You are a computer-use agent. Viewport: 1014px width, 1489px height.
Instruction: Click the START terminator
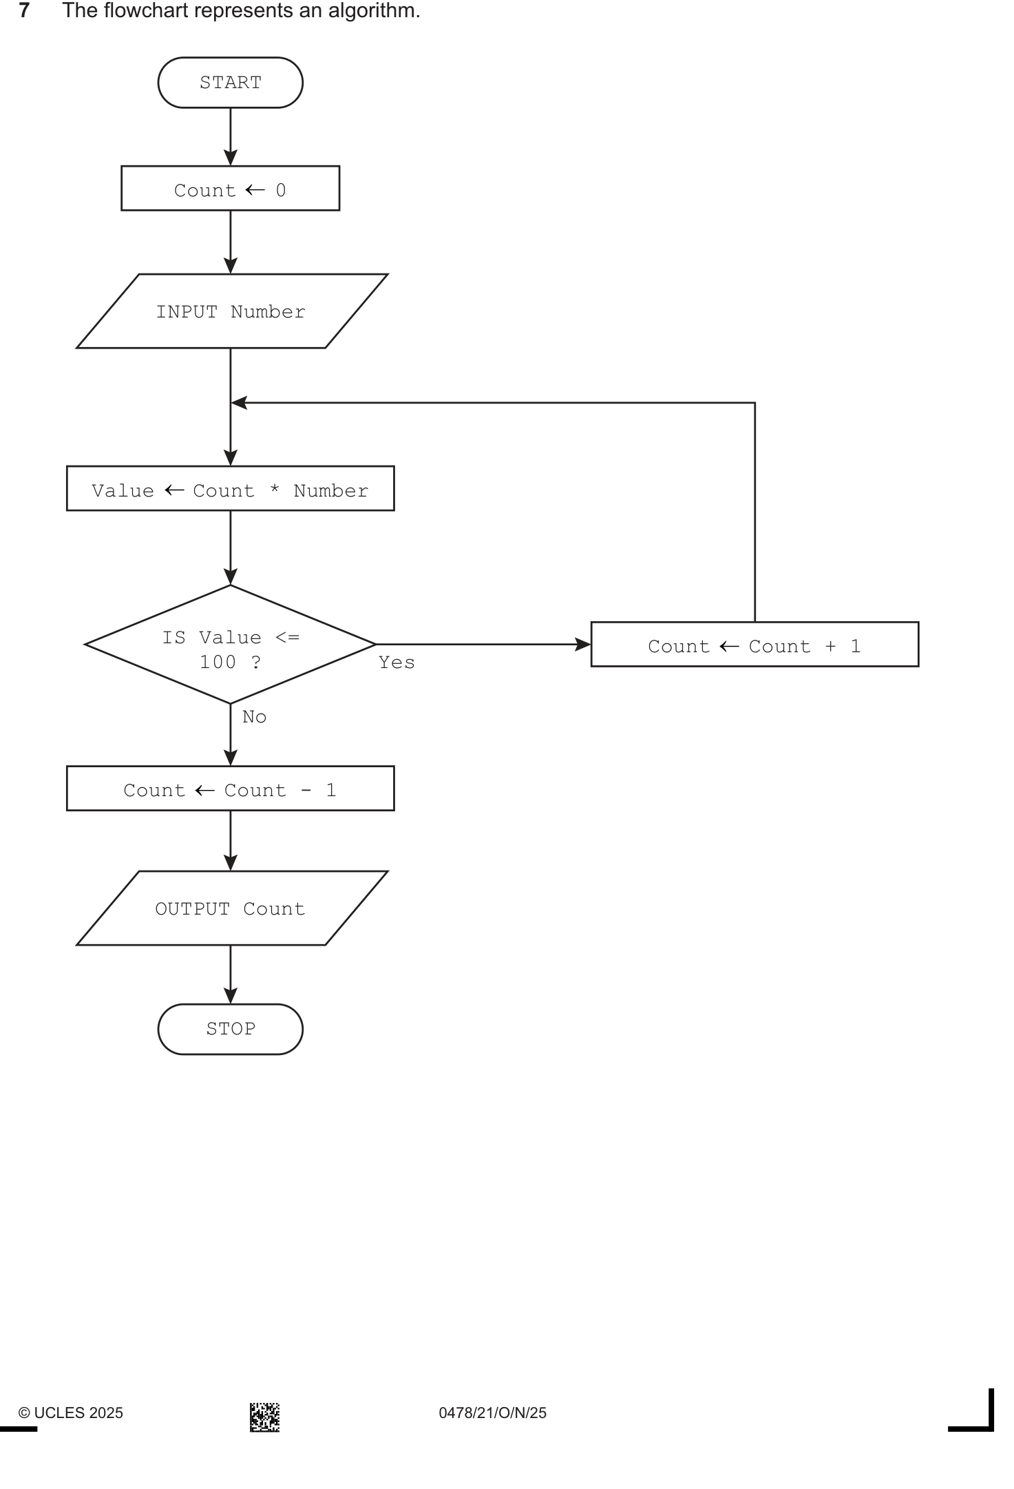[x=230, y=83]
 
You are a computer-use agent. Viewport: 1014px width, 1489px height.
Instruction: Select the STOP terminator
[x=230, y=1029]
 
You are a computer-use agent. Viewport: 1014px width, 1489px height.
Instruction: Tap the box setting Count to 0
[x=230, y=188]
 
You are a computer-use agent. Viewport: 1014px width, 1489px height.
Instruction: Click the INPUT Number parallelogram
[x=231, y=311]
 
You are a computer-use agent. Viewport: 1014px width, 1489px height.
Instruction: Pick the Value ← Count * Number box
[x=230, y=488]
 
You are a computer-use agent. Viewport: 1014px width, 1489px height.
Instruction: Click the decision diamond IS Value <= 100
[x=230, y=645]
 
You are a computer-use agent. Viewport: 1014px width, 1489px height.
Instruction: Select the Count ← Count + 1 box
[x=754, y=645]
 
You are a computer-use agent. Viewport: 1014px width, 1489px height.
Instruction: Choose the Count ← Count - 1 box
[x=230, y=789]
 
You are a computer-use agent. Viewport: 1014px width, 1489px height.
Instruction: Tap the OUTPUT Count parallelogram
[x=231, y=908]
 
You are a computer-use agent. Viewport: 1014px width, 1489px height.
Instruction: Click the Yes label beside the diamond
[x=397, y=663]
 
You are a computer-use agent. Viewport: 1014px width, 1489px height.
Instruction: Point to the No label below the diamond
[x=254, y=717]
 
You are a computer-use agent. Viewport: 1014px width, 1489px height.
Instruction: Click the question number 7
[x=24, y=10]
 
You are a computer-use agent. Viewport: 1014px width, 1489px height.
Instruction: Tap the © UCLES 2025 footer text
[x=70, y=1413]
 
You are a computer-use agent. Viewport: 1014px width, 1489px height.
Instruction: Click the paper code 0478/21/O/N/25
[x=493, y=1413]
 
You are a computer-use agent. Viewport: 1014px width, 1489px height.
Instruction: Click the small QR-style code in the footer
[x=264, y=1417]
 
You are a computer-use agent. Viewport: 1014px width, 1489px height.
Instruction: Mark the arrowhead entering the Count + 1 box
[x=583, y=645]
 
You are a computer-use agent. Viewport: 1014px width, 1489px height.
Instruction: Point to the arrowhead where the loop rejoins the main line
[x=239, y=403]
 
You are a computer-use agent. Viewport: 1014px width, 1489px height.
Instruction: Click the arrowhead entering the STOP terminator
[x=231, y=996]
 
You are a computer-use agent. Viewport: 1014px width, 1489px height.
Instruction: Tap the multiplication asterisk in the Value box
[x=274, y=490]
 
